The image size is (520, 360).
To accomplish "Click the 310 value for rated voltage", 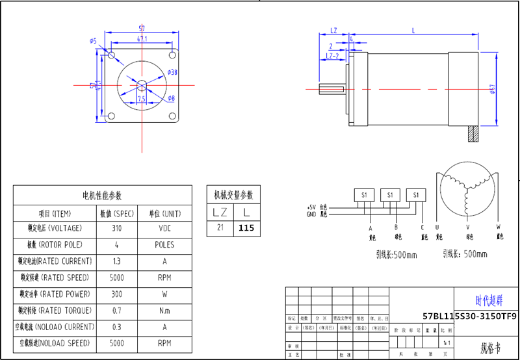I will (116, 229).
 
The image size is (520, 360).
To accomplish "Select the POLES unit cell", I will (164, 245).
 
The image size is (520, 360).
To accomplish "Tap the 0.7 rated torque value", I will (116, 310).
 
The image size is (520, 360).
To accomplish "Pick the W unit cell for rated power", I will (164, 294).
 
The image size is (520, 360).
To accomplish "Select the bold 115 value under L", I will (246, 228).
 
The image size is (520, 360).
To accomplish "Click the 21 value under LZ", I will (220, 228).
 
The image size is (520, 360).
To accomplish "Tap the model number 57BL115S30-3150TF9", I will (469, 316).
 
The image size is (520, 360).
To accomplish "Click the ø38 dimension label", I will (172, 72).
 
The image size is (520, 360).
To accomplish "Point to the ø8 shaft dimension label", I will (171, 99).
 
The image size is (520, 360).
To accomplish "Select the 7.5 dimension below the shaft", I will (142, 99).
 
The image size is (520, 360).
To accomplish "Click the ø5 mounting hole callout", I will (94, 41).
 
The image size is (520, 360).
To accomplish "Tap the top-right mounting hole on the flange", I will (173, 53).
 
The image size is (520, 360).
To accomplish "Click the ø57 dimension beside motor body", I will (492, 89).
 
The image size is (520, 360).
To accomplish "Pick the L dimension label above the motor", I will (413, 31).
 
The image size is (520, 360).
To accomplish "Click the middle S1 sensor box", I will (390, 194).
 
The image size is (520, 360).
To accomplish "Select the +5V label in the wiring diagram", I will (311, 207).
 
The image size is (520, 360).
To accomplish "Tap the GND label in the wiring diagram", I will (311, 213).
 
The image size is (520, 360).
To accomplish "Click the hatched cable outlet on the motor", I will (473, 135).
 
